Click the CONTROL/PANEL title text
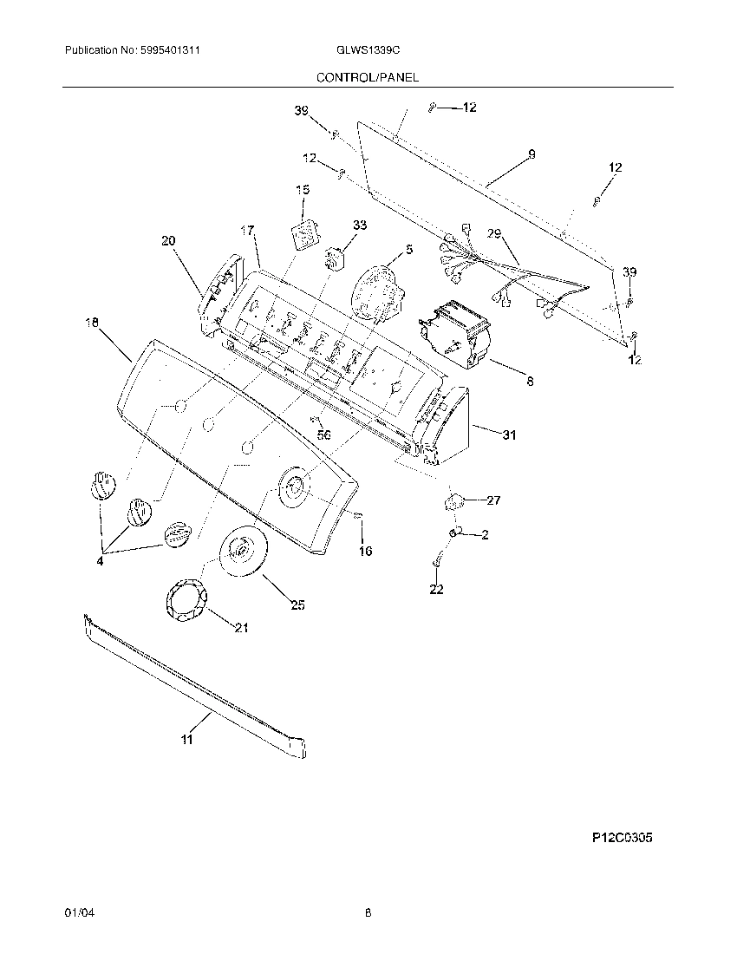pos(367,77)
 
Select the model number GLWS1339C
pos(367,52)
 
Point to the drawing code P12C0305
pos(622,839)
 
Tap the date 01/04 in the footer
pos(77,912)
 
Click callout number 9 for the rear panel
pos(531,154)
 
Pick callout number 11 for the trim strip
pos(187,739)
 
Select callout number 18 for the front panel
pos(92,323)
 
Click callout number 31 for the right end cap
pos(508,435)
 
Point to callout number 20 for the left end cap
pos(167,241)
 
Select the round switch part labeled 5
pos(379,291)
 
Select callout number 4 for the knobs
pos(101,560)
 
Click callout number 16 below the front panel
pos(365,551)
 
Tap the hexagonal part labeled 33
pos(334,258)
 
